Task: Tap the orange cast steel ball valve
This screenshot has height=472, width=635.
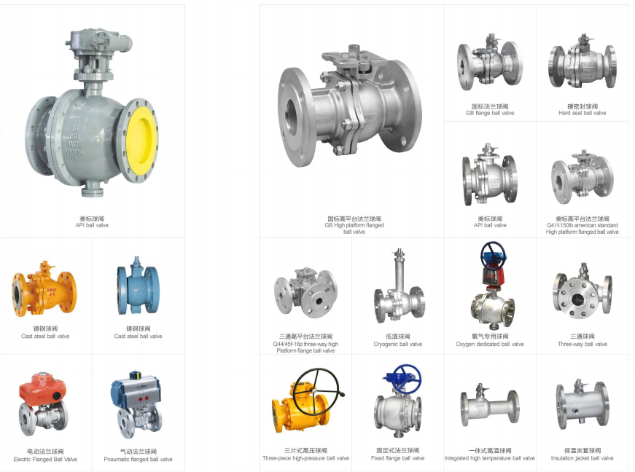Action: (44, 288)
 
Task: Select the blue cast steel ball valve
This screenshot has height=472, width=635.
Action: (139, 286)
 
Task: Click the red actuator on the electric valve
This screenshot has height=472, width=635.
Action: (42, 387)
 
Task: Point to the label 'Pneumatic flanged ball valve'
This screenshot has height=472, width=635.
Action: (138, 460)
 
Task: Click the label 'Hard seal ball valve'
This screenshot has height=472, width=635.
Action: (583, 113)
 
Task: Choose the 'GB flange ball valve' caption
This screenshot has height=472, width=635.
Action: (490, 113)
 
